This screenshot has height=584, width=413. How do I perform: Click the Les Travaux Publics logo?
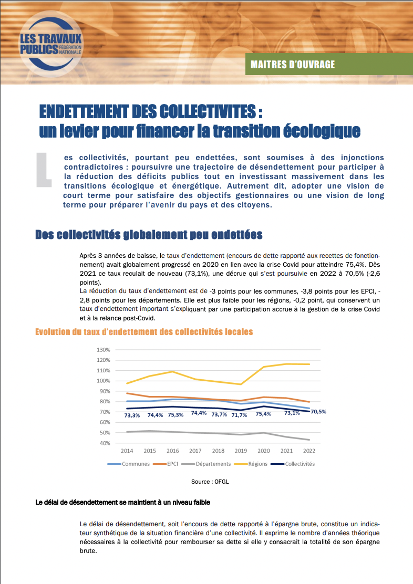(51, 44)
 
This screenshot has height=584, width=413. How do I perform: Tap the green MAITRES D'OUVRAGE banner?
(329, 64)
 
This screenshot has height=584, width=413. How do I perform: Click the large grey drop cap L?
(43, 170)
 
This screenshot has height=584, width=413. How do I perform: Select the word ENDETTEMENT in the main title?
(84, 111)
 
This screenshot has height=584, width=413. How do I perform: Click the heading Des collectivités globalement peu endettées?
(149, 235)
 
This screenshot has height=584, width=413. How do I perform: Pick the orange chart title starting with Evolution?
(144, 332)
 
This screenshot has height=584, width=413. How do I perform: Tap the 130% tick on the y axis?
(103, 350)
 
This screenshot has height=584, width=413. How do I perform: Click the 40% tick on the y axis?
(105, 443)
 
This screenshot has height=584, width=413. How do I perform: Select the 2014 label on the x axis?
(127, 451)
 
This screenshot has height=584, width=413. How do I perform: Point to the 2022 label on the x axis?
(309, 451)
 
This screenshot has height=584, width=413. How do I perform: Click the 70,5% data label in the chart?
(318, 412)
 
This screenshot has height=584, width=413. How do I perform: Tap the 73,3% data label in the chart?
(132, 415)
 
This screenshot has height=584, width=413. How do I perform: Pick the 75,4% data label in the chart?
(264, 414)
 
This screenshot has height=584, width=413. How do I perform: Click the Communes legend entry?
(128, 464)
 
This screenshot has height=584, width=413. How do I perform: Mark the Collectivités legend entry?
(293, 464)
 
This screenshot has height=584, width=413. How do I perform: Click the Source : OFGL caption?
(210, 482)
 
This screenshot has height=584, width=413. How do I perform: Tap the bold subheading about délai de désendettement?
(122, 503)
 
